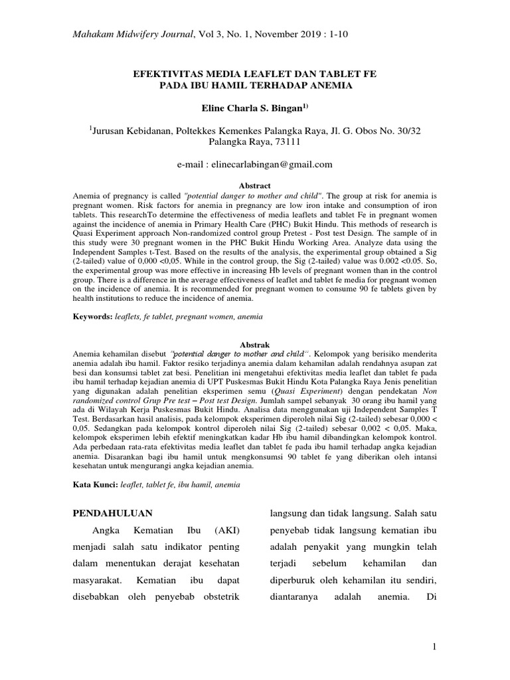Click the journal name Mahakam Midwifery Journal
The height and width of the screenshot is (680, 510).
132,35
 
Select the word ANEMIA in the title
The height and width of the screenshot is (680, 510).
327,86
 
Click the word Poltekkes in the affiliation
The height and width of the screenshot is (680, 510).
198,132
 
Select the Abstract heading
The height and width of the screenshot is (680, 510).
254,186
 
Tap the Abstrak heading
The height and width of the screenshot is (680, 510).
254,340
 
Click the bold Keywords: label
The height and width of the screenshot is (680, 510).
93,317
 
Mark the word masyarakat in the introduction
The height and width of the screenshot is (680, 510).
98,580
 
